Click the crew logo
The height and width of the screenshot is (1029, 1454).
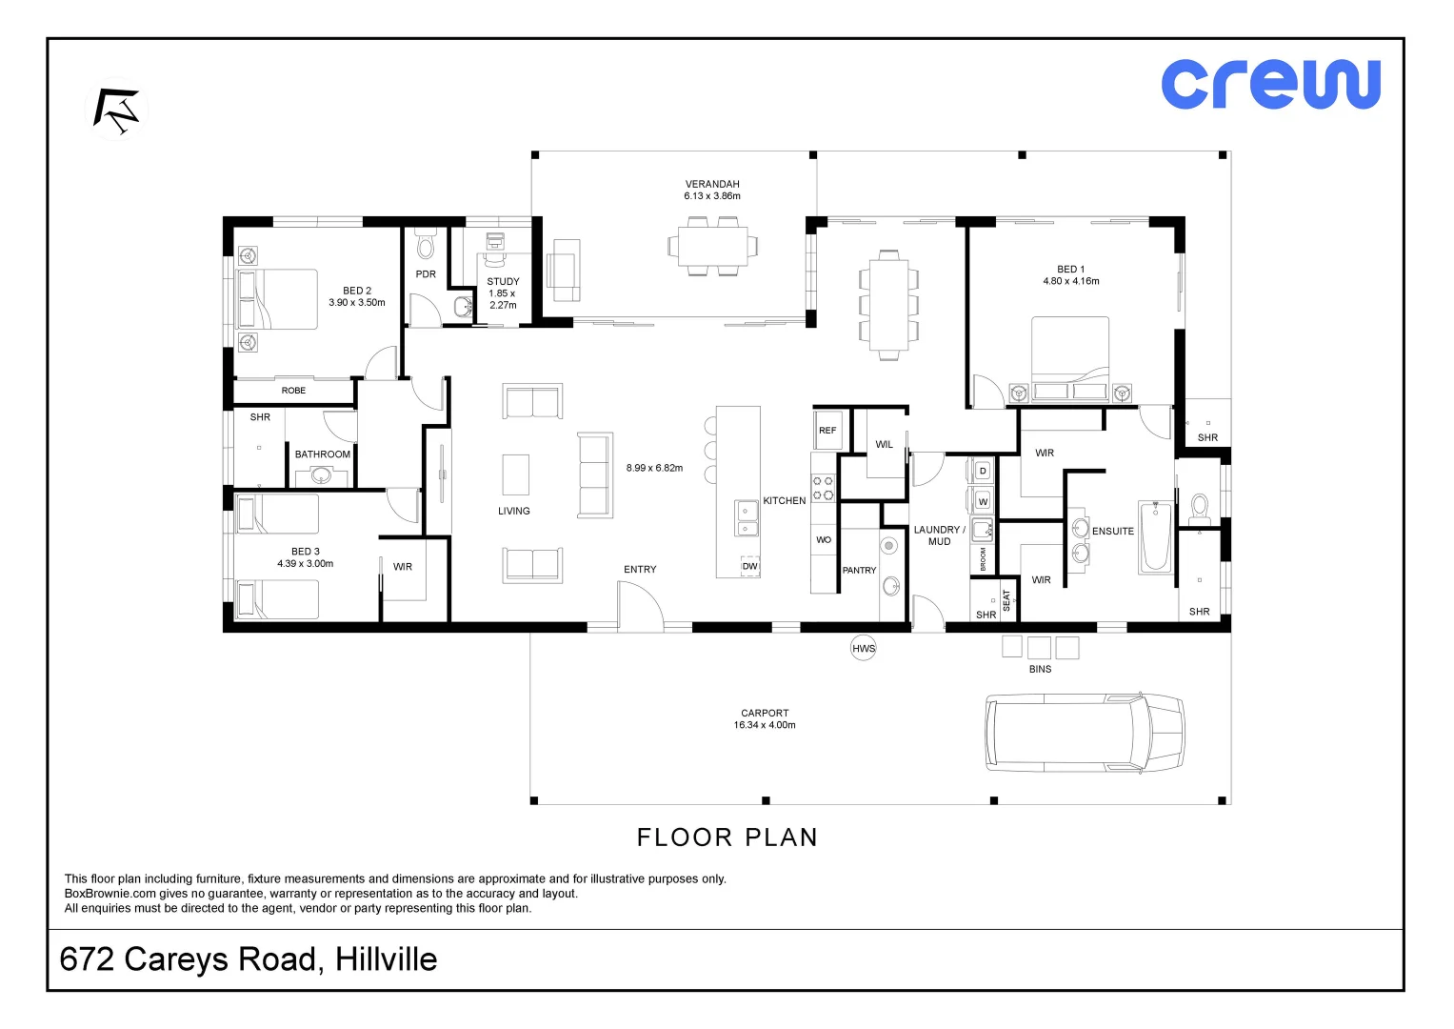pyautogui.click(x=1270, y=85)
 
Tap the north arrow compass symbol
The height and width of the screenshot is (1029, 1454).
pyautogui.click(x=117, y=110)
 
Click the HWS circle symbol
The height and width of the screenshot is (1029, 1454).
pyautogui.click(x=864, y=648)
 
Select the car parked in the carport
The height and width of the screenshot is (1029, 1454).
pyautogui.click(x=1085, y=732)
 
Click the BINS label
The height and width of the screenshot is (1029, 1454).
pyautogui.click(x=1040, y=669)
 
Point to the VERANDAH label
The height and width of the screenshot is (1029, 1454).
pyautogui.click(x=712, y=184)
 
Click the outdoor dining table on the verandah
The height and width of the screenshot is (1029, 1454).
pyautogui.click(x=713, y=246)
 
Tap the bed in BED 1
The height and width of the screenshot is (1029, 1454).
pyautogui.click(x=1069, y=358)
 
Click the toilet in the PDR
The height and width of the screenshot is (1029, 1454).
pyautogui.click(x=426, y=244)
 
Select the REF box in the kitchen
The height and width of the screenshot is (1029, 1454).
pyautogui.click(x=827, y=430)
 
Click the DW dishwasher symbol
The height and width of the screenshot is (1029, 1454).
pyautogui.click(x=749, y=566)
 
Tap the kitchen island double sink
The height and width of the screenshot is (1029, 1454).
pyautogui.click(x=746, y=517)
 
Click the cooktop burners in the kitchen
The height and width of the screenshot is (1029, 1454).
pyautogui.click(x=823, y=488)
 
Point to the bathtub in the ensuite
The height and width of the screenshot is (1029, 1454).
pyautogui.click(x=1155, y=536)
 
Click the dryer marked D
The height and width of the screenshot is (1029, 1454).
pyautogui.click(x=982, y=471)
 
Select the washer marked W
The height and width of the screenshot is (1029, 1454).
pyautogui.click(x=982, y=501)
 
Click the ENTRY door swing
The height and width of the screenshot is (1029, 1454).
pyautogui.click(x=640, y=605)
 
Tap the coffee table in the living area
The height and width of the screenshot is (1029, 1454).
pyautogui.click(x=515, y=474)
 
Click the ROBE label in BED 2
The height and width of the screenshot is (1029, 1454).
pyautogui.click(x=293, y=391)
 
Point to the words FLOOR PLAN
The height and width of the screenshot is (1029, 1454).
pyautogui.click(x=727, y=837)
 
